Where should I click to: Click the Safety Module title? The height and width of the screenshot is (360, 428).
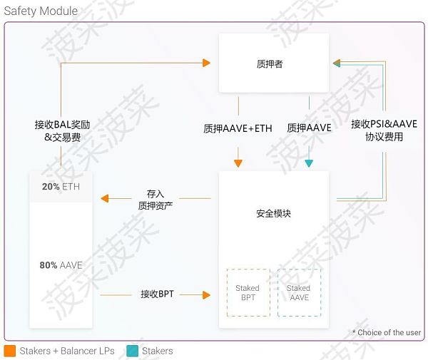point(41,11)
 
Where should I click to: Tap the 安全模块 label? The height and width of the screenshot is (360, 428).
point(273,214)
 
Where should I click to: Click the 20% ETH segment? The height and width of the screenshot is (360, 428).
point(61,186)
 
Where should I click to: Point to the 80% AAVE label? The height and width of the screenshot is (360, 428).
point(61,265)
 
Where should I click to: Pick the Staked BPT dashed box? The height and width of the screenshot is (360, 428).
point(248,292)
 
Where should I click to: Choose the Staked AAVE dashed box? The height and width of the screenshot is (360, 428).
point(299,292)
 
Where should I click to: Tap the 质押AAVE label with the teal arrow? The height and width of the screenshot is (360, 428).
point(309,128)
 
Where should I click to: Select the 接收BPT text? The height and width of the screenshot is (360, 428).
point(157,293)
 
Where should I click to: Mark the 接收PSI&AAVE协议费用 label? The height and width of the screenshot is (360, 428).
point(384,130)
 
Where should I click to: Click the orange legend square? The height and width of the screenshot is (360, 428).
point(10,351)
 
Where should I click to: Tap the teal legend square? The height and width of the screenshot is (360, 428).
point(131,351)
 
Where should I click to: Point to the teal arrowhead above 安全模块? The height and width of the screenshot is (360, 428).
point(309,163)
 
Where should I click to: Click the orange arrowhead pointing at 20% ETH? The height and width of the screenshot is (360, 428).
point(104,198)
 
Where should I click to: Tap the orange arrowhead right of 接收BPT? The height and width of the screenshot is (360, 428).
point(208,294)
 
